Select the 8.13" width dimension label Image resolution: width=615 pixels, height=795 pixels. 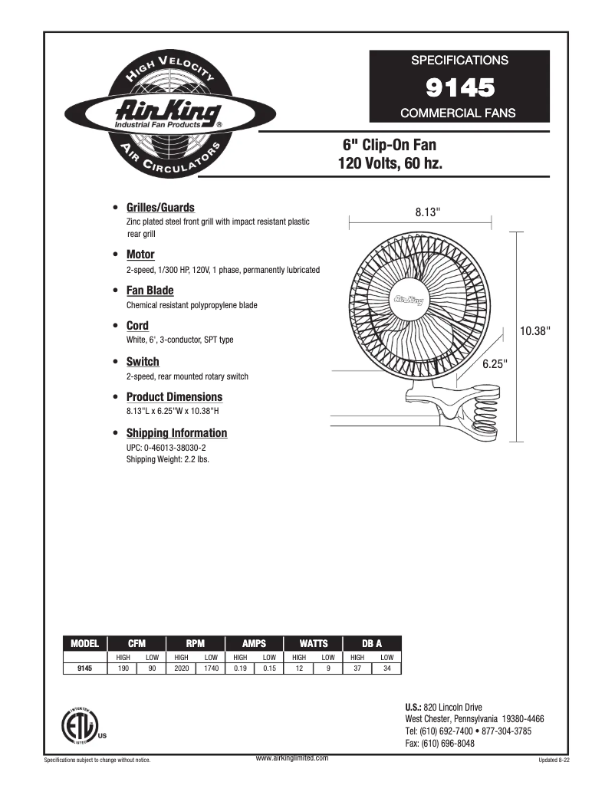(x=428, y=211)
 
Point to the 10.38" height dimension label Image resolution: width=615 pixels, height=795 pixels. (x=535, y=330)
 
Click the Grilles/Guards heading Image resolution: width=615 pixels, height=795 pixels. (x=160, y=208)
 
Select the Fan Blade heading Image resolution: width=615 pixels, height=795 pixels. (x=150, y=291)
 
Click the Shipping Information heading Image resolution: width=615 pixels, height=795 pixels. (x=176, y=433)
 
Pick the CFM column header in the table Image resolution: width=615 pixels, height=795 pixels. (x=136, y=644)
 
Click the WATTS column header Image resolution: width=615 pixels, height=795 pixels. (x=313, y=644)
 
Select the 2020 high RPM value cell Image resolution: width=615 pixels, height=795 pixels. (x=181, y=669)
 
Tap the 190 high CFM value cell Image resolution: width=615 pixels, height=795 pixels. (x=122, y=669)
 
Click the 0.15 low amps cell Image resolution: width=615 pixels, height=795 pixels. (x=269, y=669)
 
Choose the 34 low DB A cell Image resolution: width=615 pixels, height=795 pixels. (x=386, y=669)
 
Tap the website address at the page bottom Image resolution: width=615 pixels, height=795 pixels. (x=291, y=757)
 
